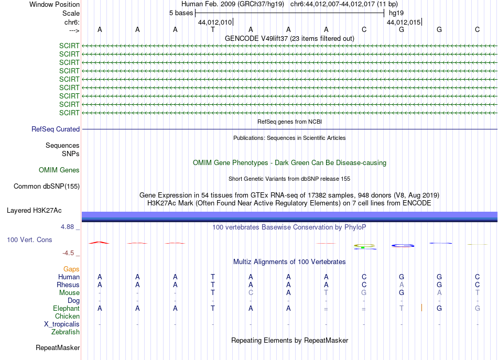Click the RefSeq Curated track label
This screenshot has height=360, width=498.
(x=56, y=129)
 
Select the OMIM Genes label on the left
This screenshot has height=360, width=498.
(x=59, y=170)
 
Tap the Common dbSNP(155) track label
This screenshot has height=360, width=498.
(x=47, y=186)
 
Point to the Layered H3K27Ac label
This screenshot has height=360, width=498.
(x=34, y=211)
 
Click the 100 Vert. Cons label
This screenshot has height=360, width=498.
(x=29, y=239)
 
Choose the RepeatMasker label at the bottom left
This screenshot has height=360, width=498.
(x=58, y=347)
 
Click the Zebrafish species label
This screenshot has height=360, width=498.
(x=66, y=332)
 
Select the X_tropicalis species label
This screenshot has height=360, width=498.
(x=62, y=324)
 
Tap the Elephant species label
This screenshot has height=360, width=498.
(x=66, y=308)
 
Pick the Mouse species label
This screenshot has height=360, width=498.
(x=69, y=292)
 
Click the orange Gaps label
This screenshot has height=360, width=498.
(x=71, y=269)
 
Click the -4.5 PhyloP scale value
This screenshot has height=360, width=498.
(x=70, y=253)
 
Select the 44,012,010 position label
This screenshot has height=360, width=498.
(x=214, y=23)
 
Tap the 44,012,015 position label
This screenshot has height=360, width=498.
(x=403, y=23)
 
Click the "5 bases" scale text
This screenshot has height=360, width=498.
(x=181, y=13)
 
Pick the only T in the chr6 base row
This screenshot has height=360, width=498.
(x=213, y=29)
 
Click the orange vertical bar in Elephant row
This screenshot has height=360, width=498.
(x=421, y=308)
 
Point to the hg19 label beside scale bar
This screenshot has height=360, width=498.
(x=396, y=13)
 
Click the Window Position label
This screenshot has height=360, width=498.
(x=55, y=4)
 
